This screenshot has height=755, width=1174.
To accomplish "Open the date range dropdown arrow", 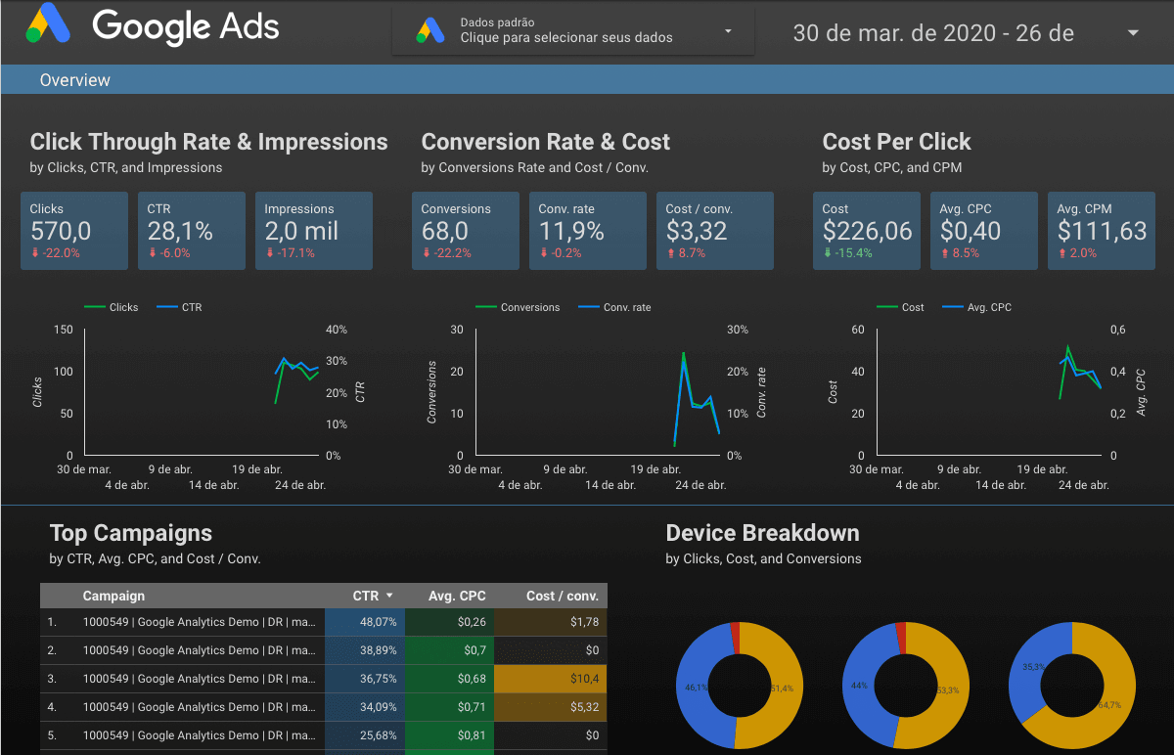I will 1133,33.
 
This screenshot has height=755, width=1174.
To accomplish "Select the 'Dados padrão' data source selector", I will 573,30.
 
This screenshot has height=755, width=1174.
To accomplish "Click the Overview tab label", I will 75,80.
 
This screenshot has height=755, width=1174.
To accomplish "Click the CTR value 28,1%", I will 180,231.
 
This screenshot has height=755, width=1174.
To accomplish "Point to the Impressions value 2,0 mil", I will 301,231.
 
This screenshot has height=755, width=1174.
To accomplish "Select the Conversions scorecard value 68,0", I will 444,231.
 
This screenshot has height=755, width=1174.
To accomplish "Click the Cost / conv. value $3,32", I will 697,231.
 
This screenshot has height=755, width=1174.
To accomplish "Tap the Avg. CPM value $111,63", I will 1102,231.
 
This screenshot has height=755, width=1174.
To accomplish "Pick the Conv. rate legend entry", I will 626,307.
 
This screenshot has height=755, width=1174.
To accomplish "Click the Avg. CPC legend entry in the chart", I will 988,307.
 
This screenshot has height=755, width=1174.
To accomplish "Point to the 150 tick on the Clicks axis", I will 63,330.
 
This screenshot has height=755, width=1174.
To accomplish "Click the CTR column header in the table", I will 366,596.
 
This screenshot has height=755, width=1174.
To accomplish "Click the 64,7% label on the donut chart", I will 1109,704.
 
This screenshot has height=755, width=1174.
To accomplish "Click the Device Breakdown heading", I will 762,533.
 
